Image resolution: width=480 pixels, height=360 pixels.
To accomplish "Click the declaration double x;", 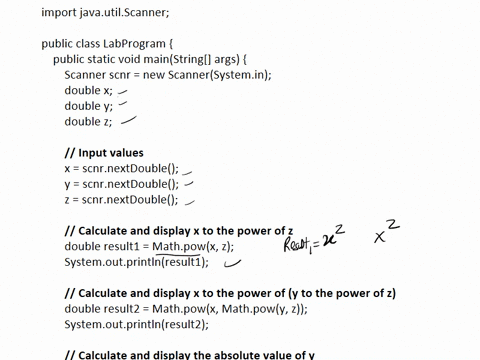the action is (x=89, y=90).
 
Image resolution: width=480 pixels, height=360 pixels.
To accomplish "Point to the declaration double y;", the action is (x=89, y=106).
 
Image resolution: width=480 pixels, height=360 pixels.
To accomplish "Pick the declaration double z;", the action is (x=89, y=122).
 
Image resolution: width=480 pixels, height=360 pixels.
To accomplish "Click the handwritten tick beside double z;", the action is (x=127, y=121).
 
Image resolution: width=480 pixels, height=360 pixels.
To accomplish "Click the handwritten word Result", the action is (x=299, y=243).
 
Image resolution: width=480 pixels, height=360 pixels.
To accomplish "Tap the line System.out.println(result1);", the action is (x=136, y=262).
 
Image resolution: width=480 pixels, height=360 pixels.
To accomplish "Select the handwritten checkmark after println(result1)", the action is (x=232, y=265).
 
